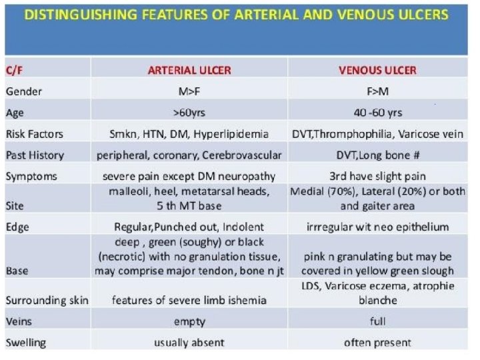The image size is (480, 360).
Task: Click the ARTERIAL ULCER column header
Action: tap(189, 70)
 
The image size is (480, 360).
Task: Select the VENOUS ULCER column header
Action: tap(377, 70)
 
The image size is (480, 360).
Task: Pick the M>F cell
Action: tap(189, 91)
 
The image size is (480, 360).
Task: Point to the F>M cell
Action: tap(377, 91)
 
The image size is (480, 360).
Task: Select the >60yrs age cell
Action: tap(189, 113)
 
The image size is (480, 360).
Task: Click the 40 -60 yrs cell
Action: tap(377, 113)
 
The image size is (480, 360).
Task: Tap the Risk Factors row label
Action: tap(35, 134)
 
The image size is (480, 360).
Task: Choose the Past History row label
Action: tap(35, 155)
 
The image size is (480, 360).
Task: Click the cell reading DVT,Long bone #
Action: tap(377, 155)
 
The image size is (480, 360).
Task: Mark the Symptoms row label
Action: tap(31, 177)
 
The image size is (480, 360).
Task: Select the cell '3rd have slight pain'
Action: tap(377, 177)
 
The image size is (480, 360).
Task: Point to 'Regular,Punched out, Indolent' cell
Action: tap(189, 227)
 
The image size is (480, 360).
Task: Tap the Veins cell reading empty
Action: tap(189, 321)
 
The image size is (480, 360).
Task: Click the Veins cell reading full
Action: tap(377, 321)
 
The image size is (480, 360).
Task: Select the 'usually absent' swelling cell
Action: tap(189, 343)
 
